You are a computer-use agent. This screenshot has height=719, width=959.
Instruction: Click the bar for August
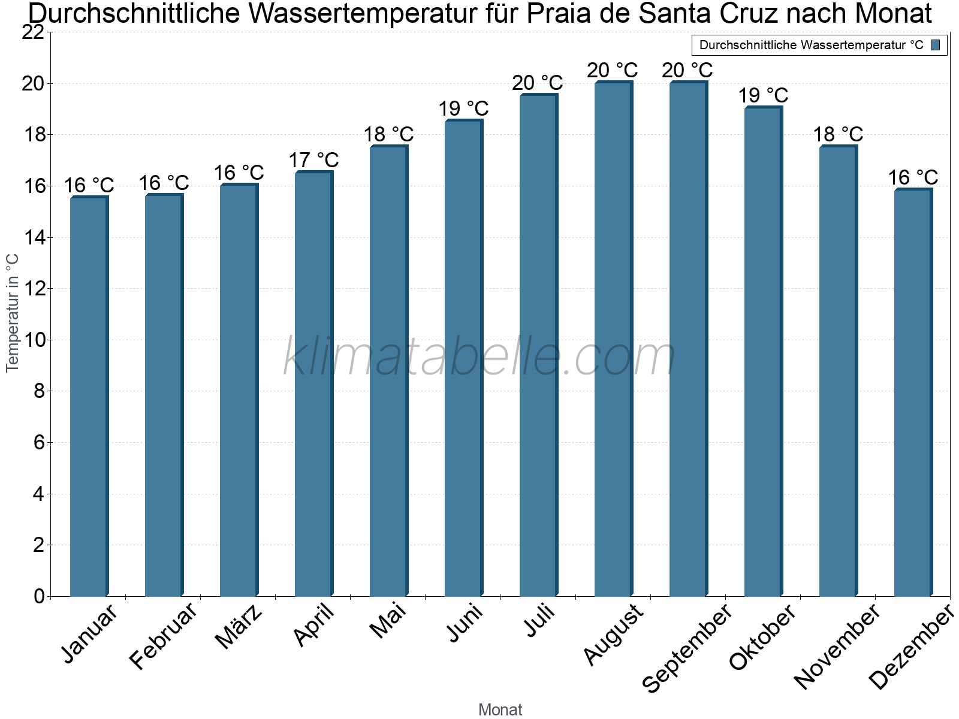click(613, 339)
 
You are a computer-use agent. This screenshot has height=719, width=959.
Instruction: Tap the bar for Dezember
click(913, 392)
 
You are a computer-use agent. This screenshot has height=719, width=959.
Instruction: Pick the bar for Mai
click(388, 371)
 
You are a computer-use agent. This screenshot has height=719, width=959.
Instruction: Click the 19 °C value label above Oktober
click(763, 95)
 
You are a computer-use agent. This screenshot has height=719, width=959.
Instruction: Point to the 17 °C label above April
click(313, 160)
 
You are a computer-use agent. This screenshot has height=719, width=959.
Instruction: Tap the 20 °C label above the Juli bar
click(538, 83)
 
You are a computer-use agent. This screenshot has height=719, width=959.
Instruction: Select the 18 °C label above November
click(838, 134)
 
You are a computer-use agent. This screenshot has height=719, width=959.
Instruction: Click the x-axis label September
click(687, 647)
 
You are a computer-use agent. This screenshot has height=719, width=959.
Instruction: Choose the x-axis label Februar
click(163, 636)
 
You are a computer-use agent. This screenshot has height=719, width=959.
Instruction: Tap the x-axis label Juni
click(465, 623)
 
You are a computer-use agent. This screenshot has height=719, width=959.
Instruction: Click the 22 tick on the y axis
click(33, 32)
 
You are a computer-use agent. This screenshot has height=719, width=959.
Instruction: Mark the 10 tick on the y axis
click(33, 340)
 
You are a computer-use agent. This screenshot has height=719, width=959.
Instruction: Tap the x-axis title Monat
click(500, 710)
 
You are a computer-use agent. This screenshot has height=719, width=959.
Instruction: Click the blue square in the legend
click(936, 45)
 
